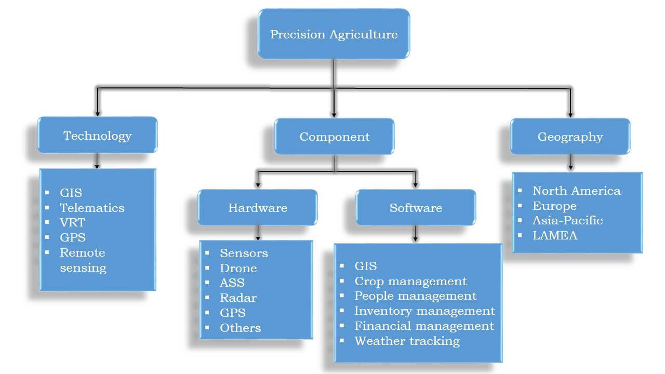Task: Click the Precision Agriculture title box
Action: click(334, 34)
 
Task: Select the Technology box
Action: click(97, 135)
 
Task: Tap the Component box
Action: click(334, 136)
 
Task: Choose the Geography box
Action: click(570, 136)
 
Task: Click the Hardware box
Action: click(257, 207)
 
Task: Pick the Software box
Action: click(416, 207)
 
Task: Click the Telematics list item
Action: click(92, 208)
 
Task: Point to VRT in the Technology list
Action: click(72, 222)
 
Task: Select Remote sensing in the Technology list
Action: click(83, 260)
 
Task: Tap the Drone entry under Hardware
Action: click(238, 269)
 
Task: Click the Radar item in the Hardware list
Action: click(238, 298)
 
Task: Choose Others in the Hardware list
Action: click(241, 328)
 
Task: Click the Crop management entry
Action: click(410, 282)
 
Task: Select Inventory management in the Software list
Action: click(425, 311)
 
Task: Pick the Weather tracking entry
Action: click(407, 341)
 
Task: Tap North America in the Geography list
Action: click(577, 191)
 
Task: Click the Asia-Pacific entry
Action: click(568, 221)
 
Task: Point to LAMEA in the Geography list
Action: click(555, 236)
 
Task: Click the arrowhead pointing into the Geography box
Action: click(570, 115)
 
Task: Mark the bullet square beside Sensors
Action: click(207, 253)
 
